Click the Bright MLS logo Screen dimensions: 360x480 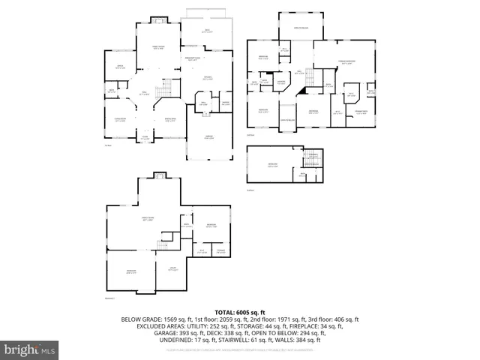(30, 349)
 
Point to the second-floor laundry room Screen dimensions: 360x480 (280, 83)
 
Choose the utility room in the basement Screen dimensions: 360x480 (172, 270)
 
